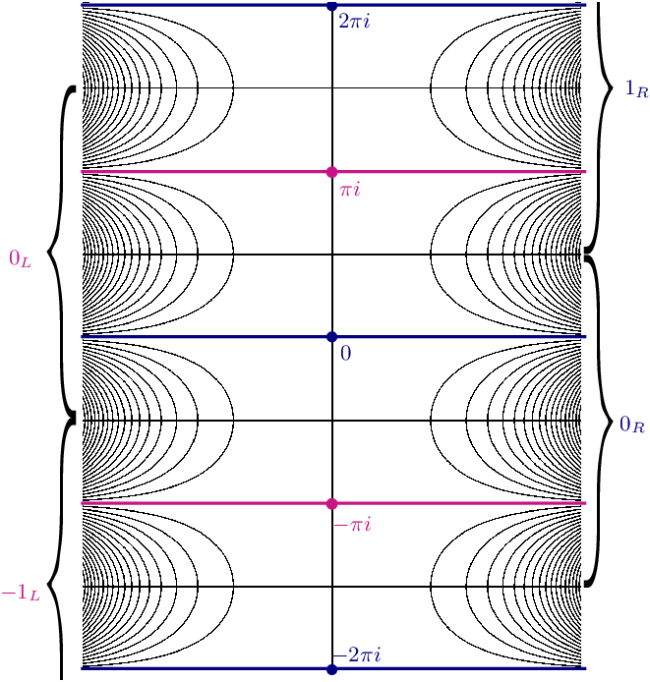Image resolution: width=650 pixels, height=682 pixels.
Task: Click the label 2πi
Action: pyautogui.click(x=353, y=21)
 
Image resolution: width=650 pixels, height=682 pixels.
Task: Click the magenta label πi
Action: pyautogui.click(x=350, y=188)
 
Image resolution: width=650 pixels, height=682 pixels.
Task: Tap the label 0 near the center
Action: pyautogui.click(x=345, y=353)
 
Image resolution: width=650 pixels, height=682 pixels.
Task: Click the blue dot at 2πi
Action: pyautogui.click(x=332, y=6)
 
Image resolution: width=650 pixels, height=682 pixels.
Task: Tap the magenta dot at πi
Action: pyautogui.click(x=332, y=172)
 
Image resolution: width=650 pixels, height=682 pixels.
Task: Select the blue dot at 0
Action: pyautogui.click(x=332, y=337)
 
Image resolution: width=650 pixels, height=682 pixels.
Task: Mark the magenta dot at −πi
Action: pyautogui.click(x=332, y=503)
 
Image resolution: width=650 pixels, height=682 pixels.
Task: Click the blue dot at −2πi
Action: pyautogui.click(x=332, y=669)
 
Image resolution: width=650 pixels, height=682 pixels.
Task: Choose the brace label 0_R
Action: pyautogui.click(x=631, y=426)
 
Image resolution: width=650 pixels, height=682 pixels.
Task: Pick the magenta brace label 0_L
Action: pyautogui.click(x=20, y=258)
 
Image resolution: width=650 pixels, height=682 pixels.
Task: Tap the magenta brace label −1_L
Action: pyautogui.click(x=19, y=593)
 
